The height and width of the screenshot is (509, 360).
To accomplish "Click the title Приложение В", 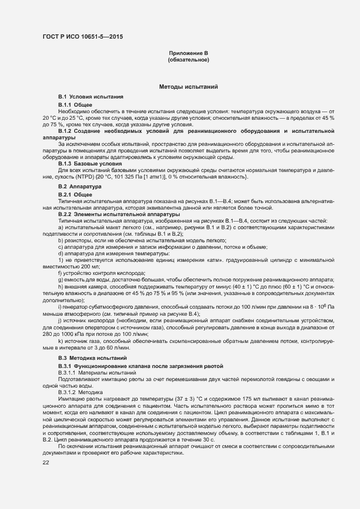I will tap(188, 53).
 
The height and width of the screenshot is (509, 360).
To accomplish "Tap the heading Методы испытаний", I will tap(188, 87).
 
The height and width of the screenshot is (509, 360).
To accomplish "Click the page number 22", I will tap(46, 462).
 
